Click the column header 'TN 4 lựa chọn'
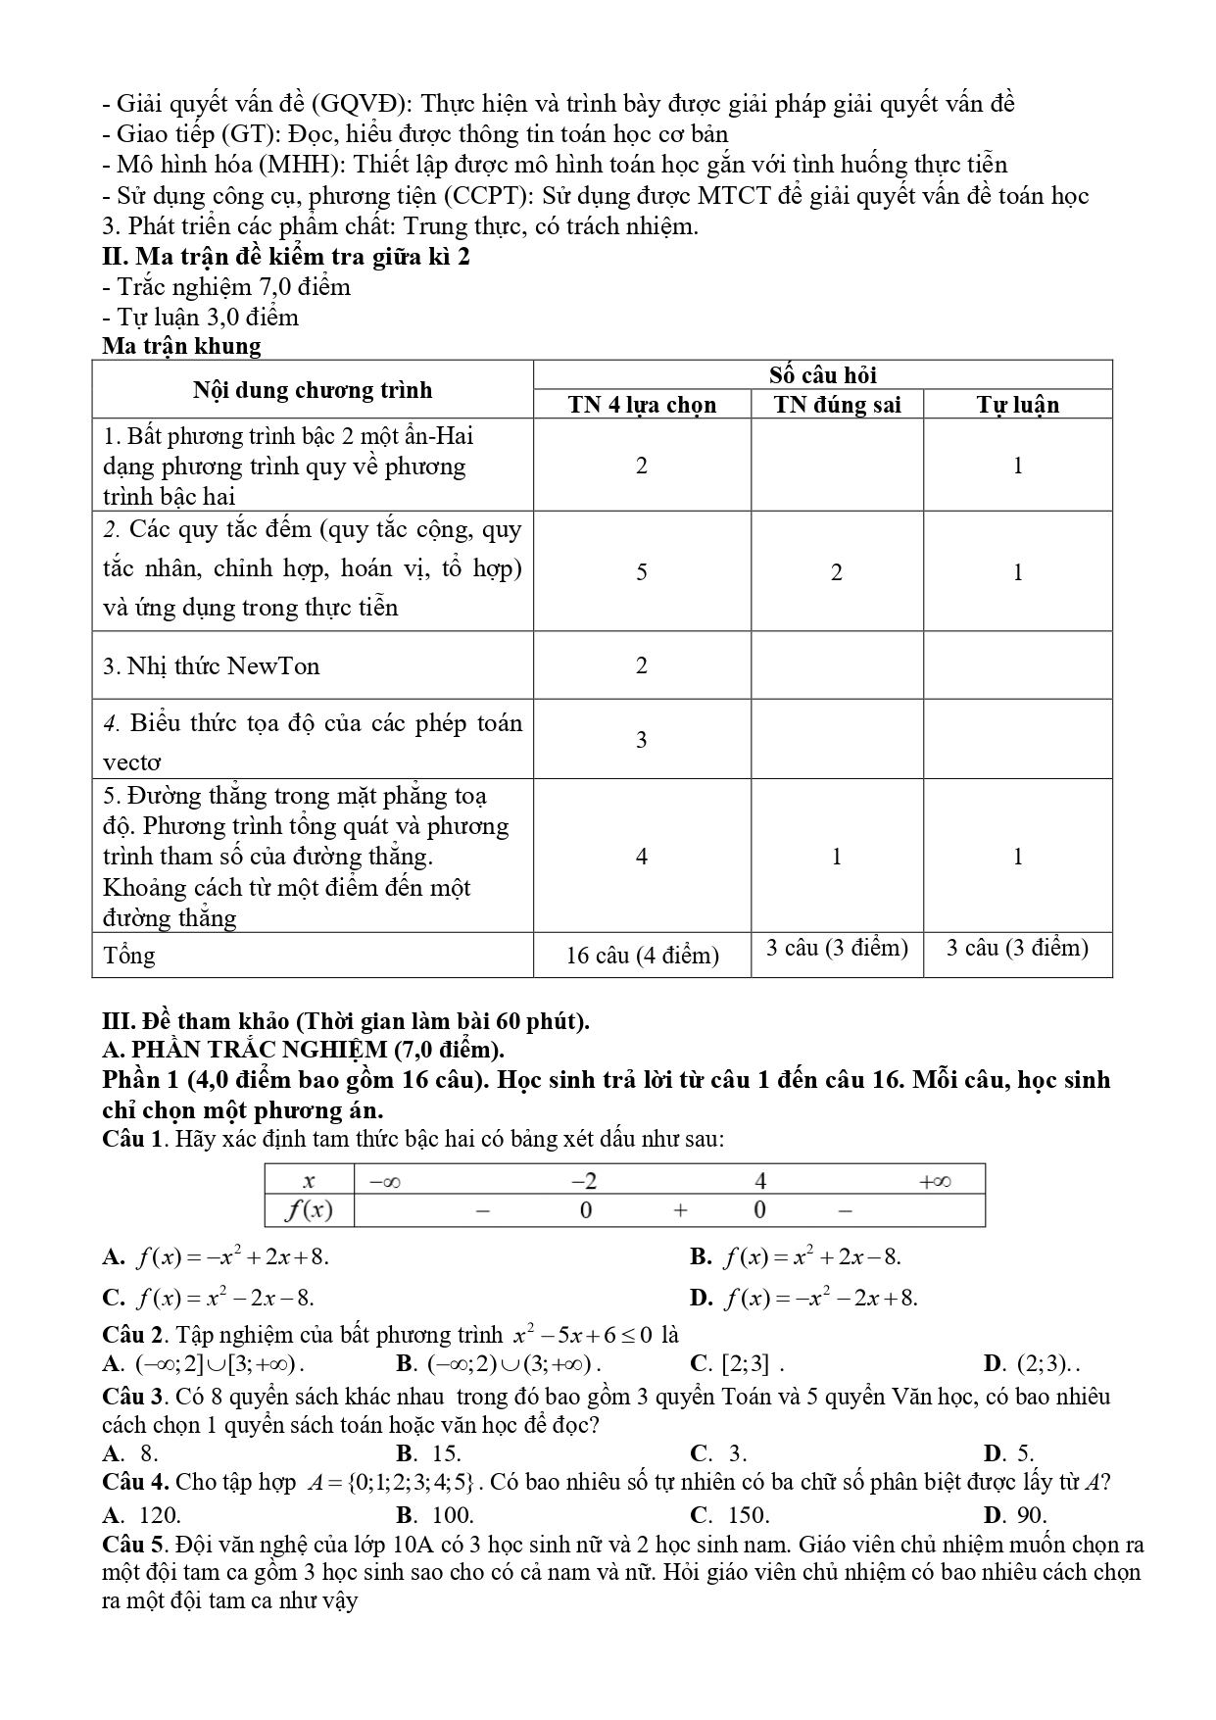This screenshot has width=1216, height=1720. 642,405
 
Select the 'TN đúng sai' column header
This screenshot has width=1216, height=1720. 837,405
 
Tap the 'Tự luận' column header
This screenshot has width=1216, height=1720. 1017,405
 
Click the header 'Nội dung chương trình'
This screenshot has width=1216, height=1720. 313,390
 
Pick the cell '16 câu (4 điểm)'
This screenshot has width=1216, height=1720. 642,956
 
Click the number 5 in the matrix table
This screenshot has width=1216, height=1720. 642,572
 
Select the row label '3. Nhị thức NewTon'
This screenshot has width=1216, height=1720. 212,666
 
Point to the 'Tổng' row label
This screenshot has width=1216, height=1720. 128,956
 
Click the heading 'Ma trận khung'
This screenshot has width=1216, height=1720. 181,346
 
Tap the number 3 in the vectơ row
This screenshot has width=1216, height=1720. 642,740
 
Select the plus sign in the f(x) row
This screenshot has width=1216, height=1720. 681,1211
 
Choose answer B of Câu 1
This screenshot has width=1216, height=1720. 795,1257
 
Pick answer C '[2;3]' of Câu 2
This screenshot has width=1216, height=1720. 737,1363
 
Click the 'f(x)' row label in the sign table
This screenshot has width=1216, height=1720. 309,1211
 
